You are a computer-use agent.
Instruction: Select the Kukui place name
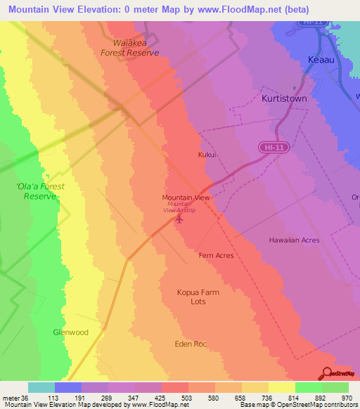[x=206, y=155]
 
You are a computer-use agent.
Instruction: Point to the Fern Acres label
[x=216, y=256]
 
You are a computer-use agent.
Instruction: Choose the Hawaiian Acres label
[x=294, y=240]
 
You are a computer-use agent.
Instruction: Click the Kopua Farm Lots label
[x=198, y=297]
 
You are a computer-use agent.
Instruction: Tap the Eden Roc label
[x=191, y=344]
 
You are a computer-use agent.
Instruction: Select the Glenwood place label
[x=71, y=332]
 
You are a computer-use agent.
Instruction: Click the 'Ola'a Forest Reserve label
[x=40, y=191]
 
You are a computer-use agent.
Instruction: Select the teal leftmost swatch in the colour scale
[x=41, y=387]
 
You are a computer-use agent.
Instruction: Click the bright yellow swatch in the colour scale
[x=282, y=387]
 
